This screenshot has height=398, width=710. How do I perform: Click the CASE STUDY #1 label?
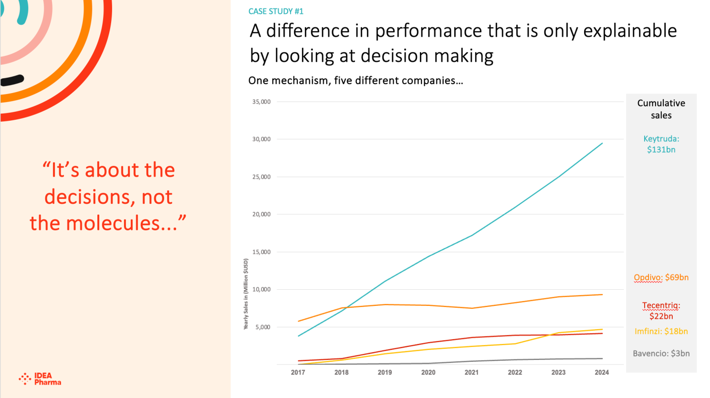coord(276,11)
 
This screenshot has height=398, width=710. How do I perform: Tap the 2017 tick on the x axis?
coord(298,372)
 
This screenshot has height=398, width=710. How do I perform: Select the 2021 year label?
coord(471,372)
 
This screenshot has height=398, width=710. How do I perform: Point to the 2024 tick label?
coord(602,372)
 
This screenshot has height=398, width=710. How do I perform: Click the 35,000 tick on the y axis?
coord(261,102)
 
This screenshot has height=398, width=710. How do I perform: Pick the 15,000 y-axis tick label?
coord(261,252)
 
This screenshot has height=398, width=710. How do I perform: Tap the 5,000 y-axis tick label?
coord(262,327)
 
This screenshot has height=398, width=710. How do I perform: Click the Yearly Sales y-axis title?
coord(246,294)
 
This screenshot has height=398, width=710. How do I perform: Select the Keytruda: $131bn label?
coord(661,144)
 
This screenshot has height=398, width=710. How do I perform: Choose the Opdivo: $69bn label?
coord(661,277)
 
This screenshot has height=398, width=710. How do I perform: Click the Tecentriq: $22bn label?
coord(661,311)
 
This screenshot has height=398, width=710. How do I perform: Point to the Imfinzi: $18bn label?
coord(661,331)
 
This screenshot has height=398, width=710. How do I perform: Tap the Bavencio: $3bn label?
coord(661,354)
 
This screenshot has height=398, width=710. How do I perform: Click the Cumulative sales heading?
coord(661,109)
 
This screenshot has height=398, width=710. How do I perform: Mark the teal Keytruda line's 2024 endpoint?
coord(602,143)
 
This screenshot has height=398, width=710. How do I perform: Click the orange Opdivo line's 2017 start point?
coord(298,321)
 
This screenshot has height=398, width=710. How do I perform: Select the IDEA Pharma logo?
coord(40,379)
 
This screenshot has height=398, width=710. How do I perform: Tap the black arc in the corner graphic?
coord(12,80)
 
